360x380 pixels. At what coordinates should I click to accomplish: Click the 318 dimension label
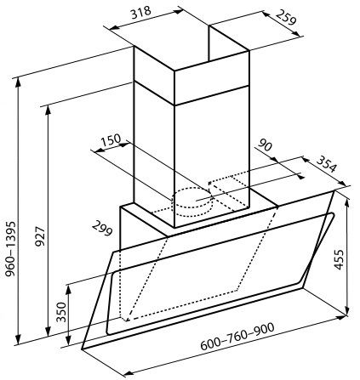(140, 12)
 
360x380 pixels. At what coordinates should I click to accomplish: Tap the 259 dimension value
(286, 17)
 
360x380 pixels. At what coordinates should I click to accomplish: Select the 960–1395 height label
(10, 249)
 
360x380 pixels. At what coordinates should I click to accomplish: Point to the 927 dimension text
(40, 236)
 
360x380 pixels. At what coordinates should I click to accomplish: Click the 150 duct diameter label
(111, 139)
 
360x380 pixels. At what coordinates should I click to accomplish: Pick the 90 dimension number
(265, 145)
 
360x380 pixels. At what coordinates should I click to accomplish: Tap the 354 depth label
(327, 164)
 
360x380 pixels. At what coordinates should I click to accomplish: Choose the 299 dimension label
(102, 229)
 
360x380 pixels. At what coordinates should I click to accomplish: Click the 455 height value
(339, 259)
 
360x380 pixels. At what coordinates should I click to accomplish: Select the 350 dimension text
(61, 312)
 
